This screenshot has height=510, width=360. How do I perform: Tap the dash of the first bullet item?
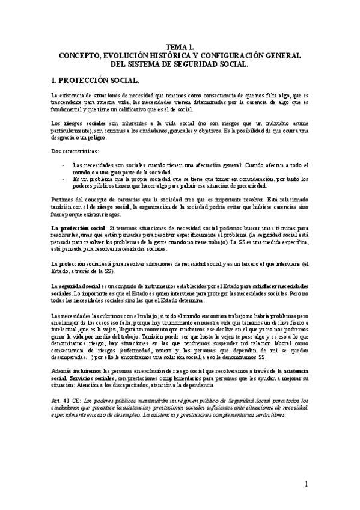pos(64,165)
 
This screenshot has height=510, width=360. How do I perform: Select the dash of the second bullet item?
pos(64,179)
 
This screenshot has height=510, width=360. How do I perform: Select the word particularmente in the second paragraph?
pos(75,130)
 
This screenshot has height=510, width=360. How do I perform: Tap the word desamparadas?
pos(75,359)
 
